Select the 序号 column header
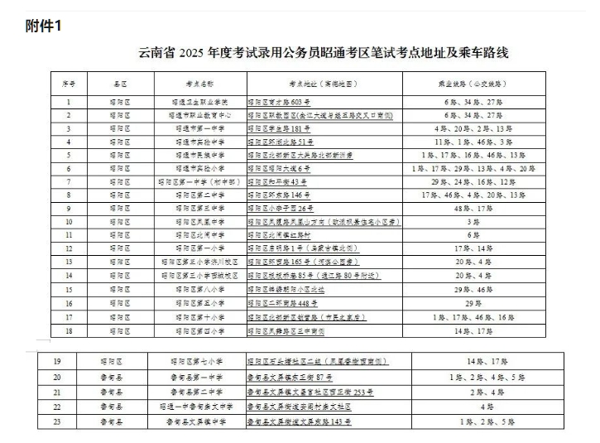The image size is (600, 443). click(69, 84)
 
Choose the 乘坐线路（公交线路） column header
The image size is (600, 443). click(473, 84)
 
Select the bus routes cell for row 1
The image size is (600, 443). click(473, 102)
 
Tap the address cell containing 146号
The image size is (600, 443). click(278, 195)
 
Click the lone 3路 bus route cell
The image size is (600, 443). click(473, 221)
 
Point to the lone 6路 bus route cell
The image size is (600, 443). click(473, 234)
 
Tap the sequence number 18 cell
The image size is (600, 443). click(69, 330)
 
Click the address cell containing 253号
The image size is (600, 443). click(310, 391)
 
